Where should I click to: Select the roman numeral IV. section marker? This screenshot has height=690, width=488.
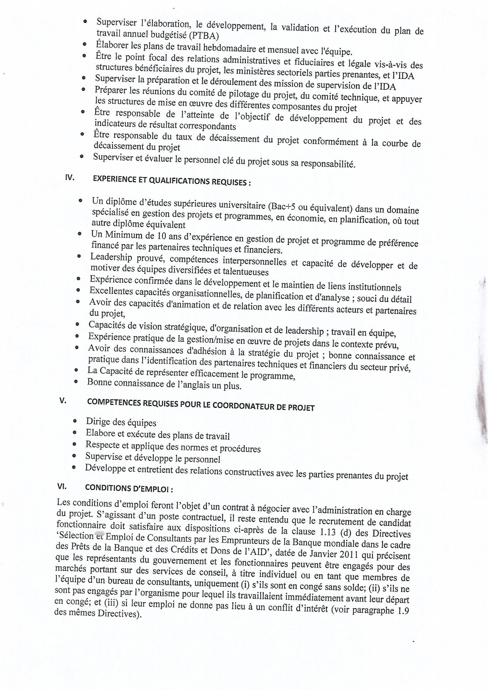click(x=69, y=177)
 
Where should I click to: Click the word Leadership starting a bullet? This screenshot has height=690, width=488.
click(x=111, y=257)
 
